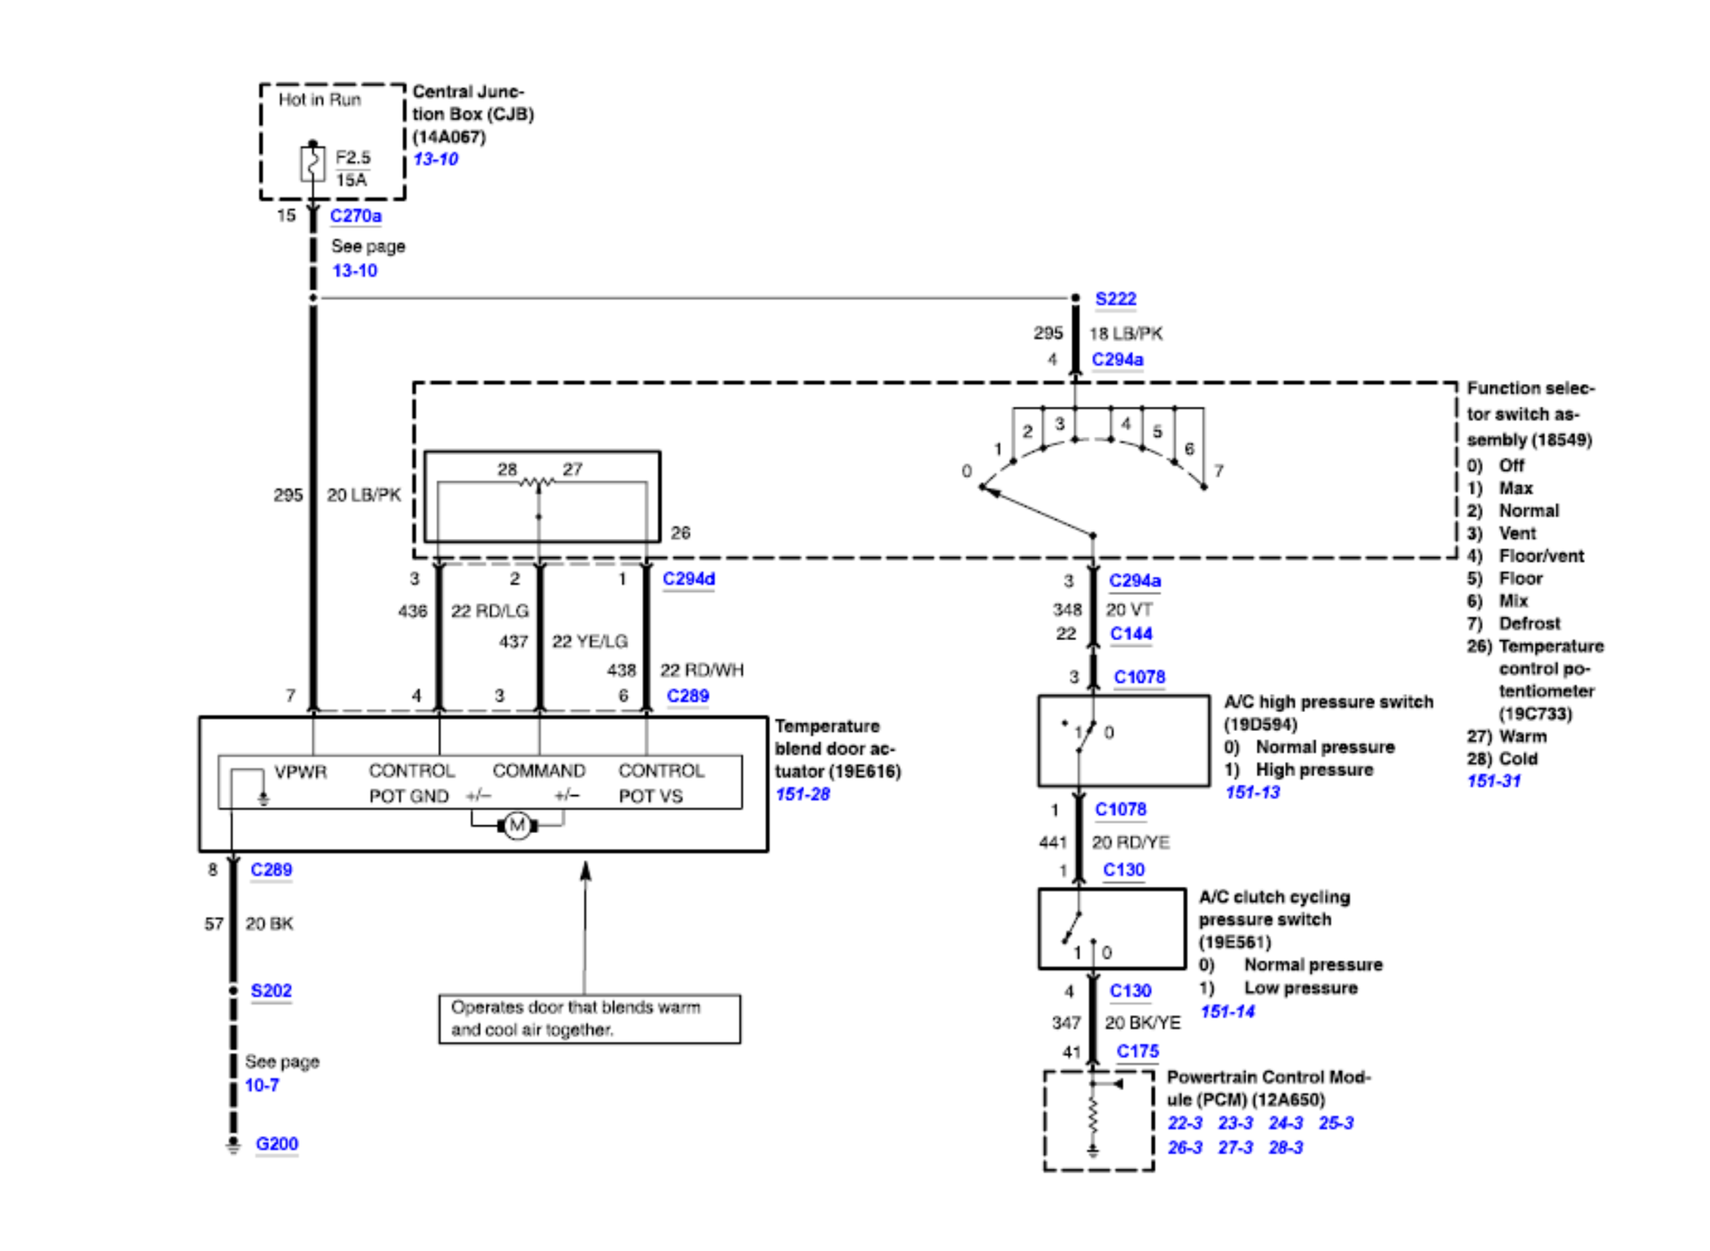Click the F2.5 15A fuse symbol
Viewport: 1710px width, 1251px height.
(x=312, y=163)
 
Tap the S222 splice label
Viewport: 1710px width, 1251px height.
(x=1115, y=299)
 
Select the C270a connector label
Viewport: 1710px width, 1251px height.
(x=356, y=216)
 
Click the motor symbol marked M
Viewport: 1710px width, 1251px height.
(x=517, y=825)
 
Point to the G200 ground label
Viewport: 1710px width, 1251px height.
(x=277, y=1144)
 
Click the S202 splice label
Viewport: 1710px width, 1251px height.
(x=271, y=991)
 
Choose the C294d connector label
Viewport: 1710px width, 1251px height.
(x=688, y=579)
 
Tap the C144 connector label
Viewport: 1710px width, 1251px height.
(x=1131, y=634)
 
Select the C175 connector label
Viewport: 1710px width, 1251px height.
(x=1137, y=1051)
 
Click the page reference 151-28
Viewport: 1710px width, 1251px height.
(x=802, y=794)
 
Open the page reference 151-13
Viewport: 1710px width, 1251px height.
(x=1252, y=793)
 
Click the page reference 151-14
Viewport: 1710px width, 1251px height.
(x=1227, y=1012)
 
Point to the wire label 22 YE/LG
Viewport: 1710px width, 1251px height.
(x=590, y=642)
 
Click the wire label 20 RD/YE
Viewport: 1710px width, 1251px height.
(x=1131, y=843)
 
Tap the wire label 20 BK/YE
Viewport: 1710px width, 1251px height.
(x=1143, y=1023)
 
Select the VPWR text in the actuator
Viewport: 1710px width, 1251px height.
(x=300, y=772)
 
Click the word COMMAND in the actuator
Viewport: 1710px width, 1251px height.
(x=538, y=771)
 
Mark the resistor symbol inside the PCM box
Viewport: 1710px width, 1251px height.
(x=1093, y=1115)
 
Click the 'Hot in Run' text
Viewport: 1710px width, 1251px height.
(x=320, y=100)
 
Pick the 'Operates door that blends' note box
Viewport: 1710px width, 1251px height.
(x=589, y=1019)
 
